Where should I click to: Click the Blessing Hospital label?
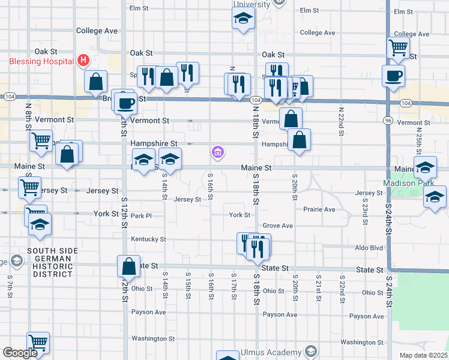click(41, 61)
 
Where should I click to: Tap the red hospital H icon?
click(83, 61)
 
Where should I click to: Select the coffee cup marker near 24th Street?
click(393, 76)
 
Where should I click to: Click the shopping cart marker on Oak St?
click(397, 47)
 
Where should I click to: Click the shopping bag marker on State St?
click(128, 266)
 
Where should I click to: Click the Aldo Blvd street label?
click(369, 248)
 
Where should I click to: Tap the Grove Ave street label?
click(277, 226)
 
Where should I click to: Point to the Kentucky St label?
click(148, 239)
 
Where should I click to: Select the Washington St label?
click(153, 338)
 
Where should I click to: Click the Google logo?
click(20, 352)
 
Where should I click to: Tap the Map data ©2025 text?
click(423, 355)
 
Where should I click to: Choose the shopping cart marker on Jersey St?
click(29, 187)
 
